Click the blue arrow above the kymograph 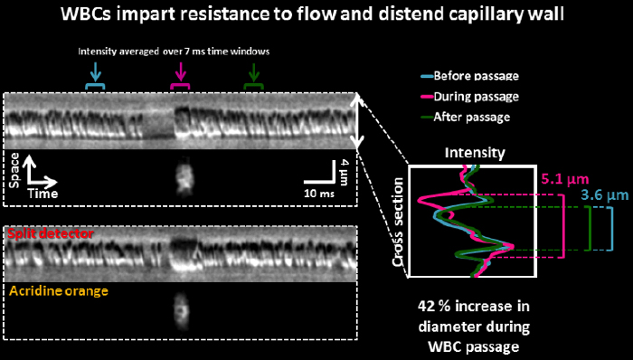95,71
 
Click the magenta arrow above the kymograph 180,71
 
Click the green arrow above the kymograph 253,71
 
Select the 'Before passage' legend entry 470,76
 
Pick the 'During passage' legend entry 470,97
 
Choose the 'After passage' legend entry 466,118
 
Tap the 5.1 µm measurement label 565,180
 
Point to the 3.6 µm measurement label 605,195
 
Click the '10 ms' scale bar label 319,194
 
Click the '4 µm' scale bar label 344,173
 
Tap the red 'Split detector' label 52,233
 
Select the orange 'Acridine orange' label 59,291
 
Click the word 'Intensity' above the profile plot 475,153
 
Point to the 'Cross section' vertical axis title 398,222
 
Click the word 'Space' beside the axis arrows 14,170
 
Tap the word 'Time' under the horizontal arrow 43,194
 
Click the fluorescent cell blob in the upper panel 184,176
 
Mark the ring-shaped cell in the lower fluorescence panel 181,311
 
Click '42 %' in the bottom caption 434,307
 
